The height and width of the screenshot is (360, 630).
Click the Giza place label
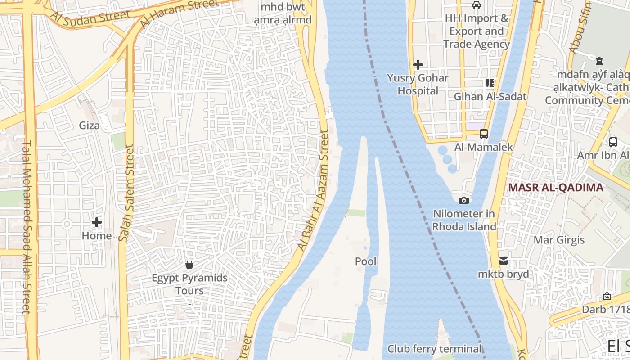[89, 126]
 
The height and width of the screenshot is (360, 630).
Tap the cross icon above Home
[97, 222]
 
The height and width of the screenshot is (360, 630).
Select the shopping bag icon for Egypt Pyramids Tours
[189, 264]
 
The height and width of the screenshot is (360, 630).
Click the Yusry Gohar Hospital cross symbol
[418, 65]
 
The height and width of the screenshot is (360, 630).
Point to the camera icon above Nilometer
[464, 200]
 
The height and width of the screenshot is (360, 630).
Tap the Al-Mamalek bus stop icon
[484, 134]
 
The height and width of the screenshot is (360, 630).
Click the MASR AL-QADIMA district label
[556, 188]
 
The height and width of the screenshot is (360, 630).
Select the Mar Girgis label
[559, 240]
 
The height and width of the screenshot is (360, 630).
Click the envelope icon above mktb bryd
[503, 261]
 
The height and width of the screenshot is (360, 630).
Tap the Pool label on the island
[366, 261]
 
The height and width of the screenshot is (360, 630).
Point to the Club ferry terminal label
[434, 349]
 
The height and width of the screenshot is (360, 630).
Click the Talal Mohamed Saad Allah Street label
[26, 227]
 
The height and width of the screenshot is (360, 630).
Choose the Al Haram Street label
[179, 13]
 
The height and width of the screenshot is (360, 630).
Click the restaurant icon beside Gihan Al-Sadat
[490, 83]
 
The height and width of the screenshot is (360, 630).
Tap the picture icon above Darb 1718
[607, 296]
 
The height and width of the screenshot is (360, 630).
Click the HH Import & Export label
[476, 31]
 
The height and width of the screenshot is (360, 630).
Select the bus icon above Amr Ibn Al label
[613, 142]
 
